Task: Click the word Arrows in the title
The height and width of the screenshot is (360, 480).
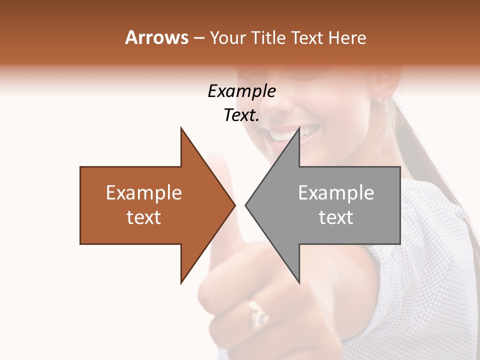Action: click(x=156, y=37)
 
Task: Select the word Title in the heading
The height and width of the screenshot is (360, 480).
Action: click(x=270, y=38)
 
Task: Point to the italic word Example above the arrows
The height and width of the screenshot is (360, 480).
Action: click(x=241, y=91)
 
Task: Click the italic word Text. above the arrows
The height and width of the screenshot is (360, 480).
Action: click(x=241, y=115)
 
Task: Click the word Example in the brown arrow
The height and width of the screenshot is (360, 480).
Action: click(x=143, y=193)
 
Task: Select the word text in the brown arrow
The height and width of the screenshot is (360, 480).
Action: click(x=143, y=217)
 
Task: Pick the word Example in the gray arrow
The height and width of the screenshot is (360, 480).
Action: click(x=336, y=193)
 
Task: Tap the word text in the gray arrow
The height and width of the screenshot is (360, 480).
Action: click(x=336, y=217)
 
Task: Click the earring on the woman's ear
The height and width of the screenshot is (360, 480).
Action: click(x=379, y=99)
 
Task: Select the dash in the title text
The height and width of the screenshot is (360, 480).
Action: click(x=198, y=38)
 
